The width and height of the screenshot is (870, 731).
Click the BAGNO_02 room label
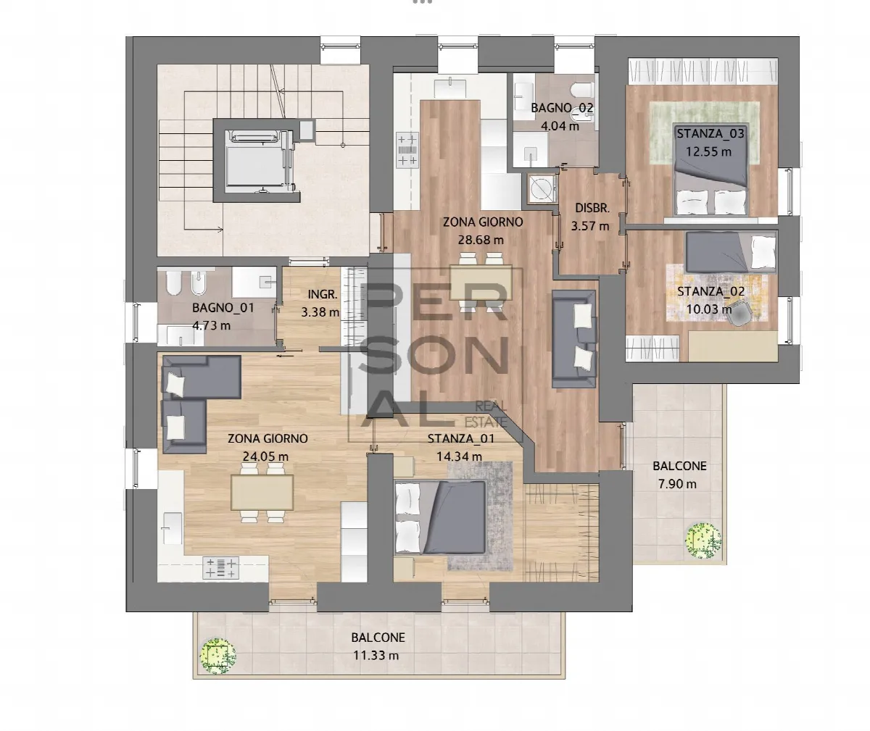tap(562, 108)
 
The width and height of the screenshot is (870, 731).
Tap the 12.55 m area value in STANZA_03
tap(709, 151)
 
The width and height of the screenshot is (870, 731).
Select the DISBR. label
tap(592, 208)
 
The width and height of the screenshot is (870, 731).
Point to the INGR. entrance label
tap(323, 294)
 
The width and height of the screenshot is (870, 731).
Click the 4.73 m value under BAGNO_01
tap(211, 325)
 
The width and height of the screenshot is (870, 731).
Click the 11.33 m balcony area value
tap(376, 655)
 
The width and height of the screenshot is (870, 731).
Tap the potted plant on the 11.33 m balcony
tap(217, 656)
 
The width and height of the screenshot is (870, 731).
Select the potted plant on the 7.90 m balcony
tap(703, 540)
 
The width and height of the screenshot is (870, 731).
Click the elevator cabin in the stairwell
tap(257, 160)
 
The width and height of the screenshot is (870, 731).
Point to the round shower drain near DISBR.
tap(542, 189)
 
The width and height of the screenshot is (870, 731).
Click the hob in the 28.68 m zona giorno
tap(407, 150)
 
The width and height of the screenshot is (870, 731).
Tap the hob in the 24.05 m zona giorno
tap(221, 567)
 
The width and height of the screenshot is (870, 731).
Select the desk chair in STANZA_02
tap(739, 313)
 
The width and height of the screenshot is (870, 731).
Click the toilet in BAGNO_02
tap(583, 89)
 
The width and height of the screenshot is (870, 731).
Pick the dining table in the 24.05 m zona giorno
tap(262, 493)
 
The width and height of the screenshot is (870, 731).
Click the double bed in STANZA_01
tap(440, 517)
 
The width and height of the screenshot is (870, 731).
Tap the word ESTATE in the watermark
tap(486, 422)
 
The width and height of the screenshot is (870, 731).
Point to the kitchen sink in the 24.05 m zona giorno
tap(172, 529)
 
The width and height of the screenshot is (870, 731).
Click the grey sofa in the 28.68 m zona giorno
tap(573, 339)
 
